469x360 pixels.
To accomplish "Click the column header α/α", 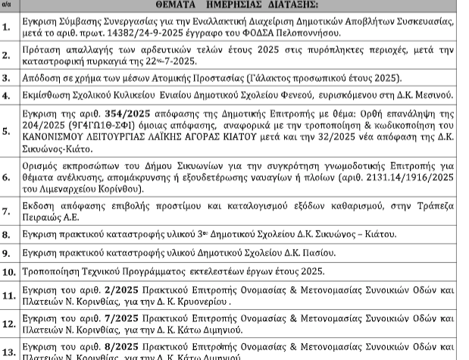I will (x=6, y=5).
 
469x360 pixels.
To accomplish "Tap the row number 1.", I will (x=7, y=28).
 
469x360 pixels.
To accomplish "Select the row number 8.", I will (x=7, y=236).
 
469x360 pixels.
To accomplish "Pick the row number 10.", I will (x=8, y=271).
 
